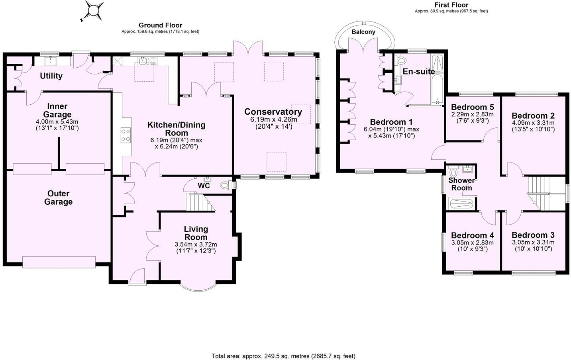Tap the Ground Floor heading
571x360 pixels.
tap(160, 25)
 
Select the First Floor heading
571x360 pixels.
tap(451, 5)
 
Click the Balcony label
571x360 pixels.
tap(363, 32)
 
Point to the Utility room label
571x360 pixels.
tap(51, 76)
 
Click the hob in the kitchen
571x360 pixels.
tap(126, 135)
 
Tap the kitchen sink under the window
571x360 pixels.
tap(144, 61)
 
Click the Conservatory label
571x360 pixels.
tap(273, 112)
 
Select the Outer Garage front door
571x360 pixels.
tap(59, 262)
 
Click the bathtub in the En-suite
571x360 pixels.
tap(438, 80)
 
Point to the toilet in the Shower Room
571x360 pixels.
tap(453, 173)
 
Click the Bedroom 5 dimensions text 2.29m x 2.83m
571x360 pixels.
tap(472, 114)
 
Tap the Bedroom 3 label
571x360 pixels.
tap(533, 235)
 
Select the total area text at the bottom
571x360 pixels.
tap(283, 356)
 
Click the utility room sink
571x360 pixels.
tap(51, 61)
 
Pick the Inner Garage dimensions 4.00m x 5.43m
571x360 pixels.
tap(57, 121)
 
